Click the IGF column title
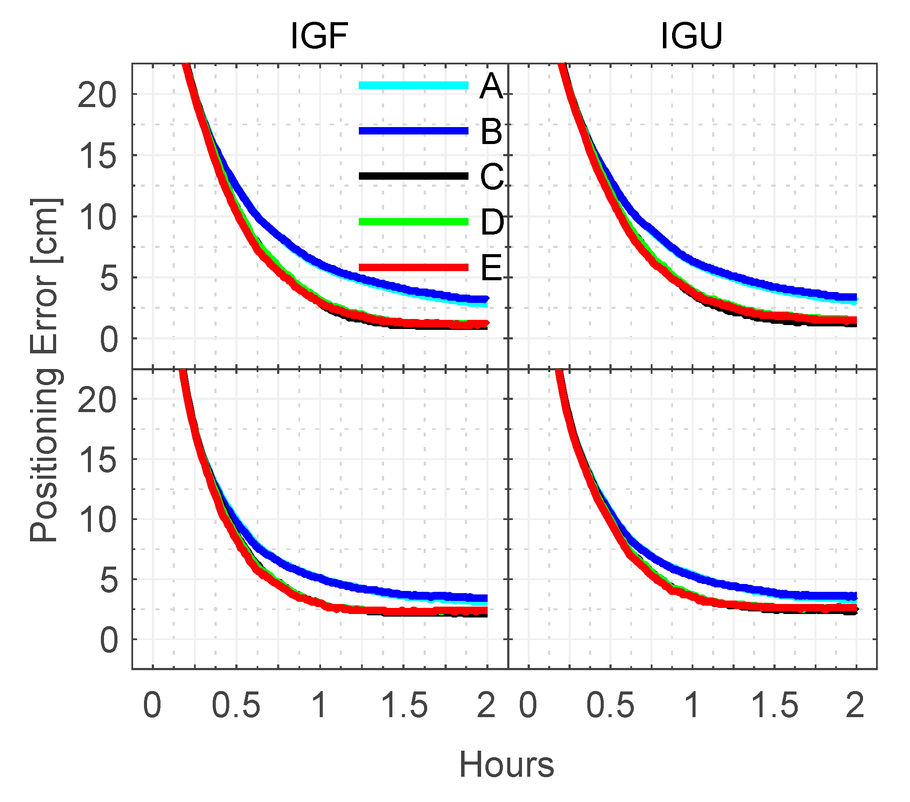(319, 36)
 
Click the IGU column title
(691, 36)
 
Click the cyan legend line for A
(413, 85)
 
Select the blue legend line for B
(413, 131)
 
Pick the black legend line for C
(413, 176)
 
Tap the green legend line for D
(413, 222)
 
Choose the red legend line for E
(413, 267)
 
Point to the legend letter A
(491, 87)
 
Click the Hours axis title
(506, 765)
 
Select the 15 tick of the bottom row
(97, 460)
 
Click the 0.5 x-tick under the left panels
(235, 706)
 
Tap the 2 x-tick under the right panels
(855, 706)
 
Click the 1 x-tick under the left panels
(319, 706)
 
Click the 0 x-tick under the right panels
(528, 706)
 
